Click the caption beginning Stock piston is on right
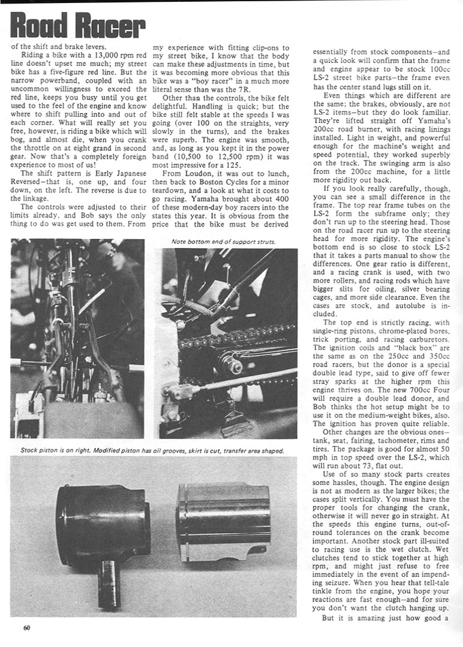[x=152, y=450]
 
